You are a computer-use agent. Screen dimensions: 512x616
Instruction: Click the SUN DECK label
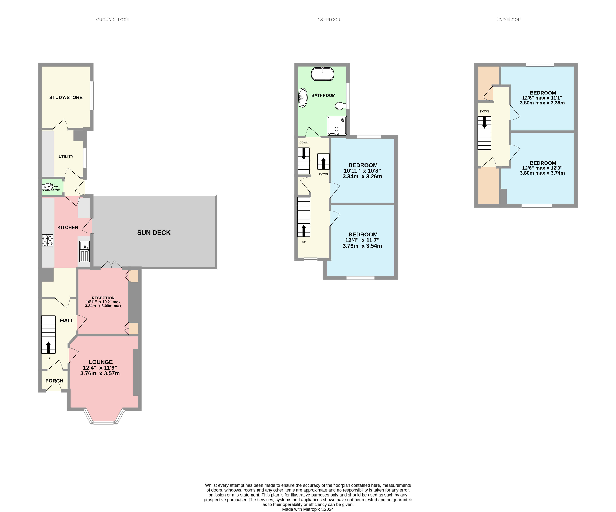point(154,232)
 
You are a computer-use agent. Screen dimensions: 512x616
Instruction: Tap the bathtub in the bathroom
point(322,74)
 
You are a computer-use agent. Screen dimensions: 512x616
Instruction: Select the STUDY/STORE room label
point(66,97)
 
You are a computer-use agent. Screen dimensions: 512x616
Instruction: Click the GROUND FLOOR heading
point(113,20)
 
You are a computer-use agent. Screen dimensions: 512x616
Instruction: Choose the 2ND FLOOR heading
point(509,20)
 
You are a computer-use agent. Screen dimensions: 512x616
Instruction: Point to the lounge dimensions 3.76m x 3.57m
point(100,373)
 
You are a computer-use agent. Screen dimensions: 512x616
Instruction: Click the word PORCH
point(54,381)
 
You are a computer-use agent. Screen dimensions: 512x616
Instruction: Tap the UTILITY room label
point(66,156)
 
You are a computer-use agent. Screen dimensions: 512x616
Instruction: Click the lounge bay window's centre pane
point(104,423)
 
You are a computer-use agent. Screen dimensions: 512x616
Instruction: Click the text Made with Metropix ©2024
point(308,509)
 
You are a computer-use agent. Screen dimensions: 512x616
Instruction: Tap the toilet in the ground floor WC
point(47,187)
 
